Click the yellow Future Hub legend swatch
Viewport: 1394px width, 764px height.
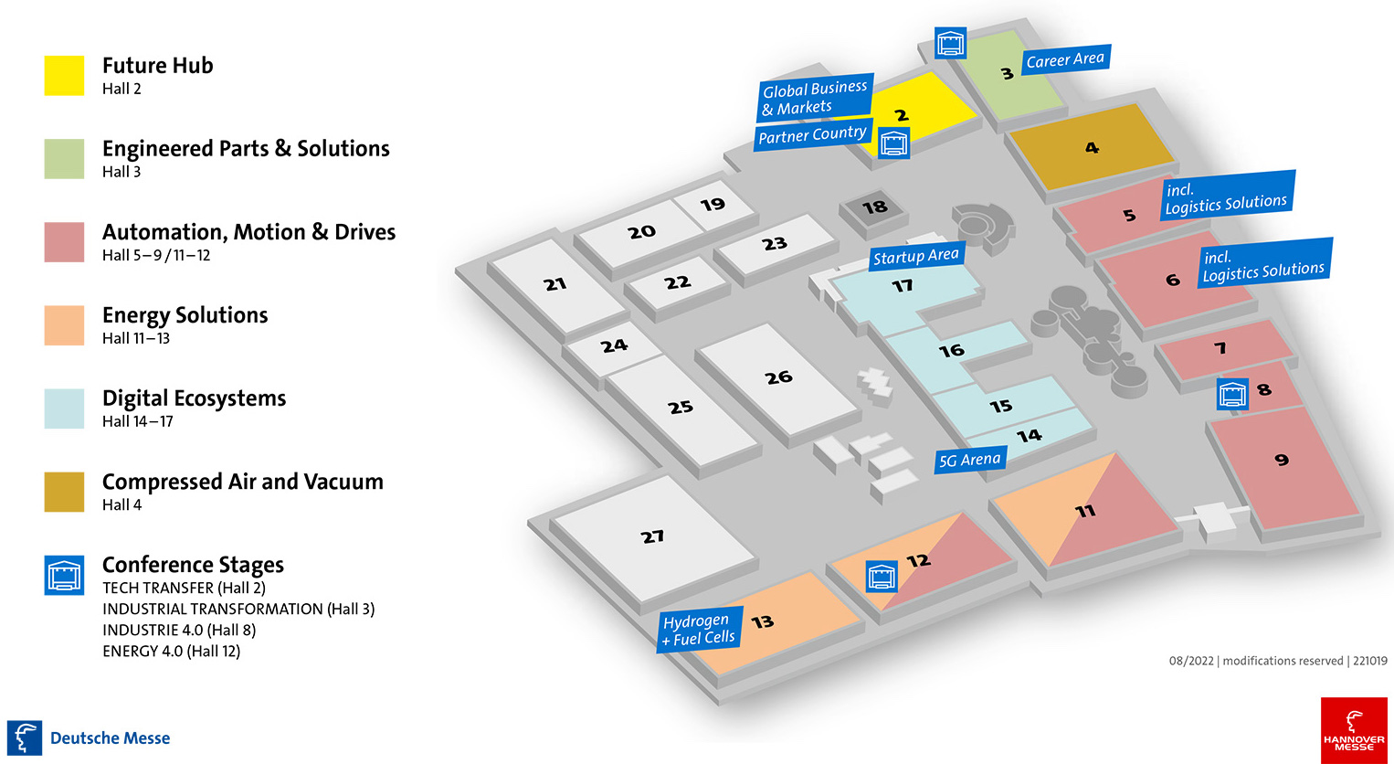(64, 75)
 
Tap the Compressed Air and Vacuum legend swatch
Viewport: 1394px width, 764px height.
(64, 492)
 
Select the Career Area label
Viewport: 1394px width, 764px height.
(1064, 60)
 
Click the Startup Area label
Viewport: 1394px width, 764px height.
(915, 257)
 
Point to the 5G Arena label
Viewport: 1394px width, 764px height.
(970, 460)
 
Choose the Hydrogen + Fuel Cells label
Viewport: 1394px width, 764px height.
(699, 629)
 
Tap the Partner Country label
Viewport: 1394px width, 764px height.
(812, 135)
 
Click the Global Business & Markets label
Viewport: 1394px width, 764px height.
(815, 98)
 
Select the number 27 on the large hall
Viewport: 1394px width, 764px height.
(652, 536)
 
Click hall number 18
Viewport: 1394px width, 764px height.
(874, 207)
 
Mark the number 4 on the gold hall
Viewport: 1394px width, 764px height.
(1092, 147)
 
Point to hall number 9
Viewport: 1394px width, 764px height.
(1282, 460)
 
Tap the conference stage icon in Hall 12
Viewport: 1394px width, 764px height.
(882, 576)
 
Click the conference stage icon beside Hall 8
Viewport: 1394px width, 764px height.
(1233, 395)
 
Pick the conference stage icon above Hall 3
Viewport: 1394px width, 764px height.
(951, 42)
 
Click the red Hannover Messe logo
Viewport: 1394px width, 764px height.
(1354, 730)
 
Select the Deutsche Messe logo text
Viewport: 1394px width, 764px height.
(110, 738)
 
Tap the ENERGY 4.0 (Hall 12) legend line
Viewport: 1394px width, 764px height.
(172, 651)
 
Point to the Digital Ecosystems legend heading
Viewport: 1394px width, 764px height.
(194, 398)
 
